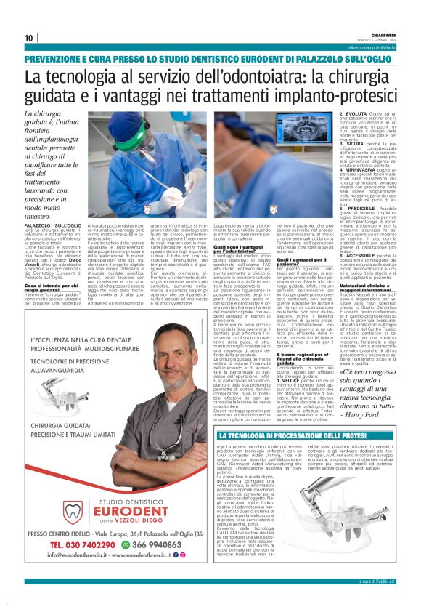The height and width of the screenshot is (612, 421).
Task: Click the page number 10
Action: [28, 38]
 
